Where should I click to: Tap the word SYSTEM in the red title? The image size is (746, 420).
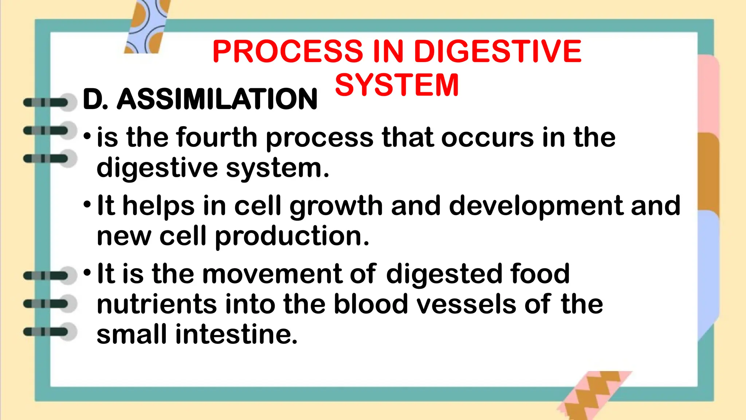397,85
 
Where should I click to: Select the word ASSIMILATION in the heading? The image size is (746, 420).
217,99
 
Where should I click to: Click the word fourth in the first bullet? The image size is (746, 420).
217,138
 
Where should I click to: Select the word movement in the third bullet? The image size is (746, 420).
272,274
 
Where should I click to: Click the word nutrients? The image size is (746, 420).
156,304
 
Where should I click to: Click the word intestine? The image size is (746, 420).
236,335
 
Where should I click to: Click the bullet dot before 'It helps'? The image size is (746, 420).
87,205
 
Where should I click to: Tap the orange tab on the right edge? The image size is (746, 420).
708,171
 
